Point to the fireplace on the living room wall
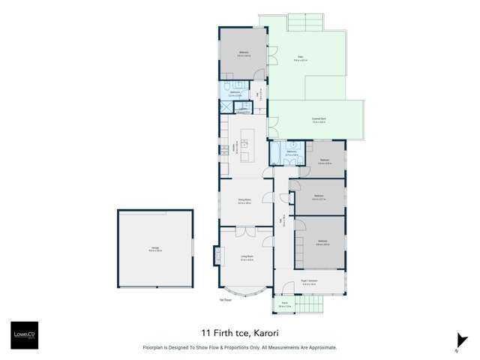tap(218, 257)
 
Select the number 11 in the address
tap(205, 331)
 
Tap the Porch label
tap(284, 305)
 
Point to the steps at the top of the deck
tap(306, 22)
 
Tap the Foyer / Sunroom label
tap(309, 282)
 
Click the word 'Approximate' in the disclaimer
tap(320, 348)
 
